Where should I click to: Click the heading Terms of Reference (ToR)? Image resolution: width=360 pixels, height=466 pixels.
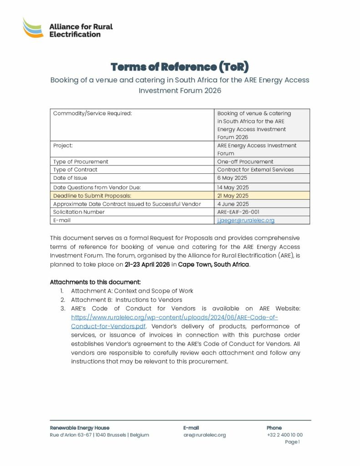(x=180, y=67)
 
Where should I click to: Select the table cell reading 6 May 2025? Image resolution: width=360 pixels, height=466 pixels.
(x=232, y=178)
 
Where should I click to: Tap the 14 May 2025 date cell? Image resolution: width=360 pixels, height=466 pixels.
(x=233, y=187)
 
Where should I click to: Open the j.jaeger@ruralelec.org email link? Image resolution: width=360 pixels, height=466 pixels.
(x=246, y=220)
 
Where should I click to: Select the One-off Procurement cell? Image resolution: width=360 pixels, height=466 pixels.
(x=245, y=162)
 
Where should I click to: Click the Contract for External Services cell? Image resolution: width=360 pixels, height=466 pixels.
(x=255, y=170)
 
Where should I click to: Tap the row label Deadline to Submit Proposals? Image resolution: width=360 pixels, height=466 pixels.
(x=92, y=196)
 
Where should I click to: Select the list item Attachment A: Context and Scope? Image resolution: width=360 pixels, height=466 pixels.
(x=132, y=291)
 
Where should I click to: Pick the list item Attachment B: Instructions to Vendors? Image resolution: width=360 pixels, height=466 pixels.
(x=127, y=300)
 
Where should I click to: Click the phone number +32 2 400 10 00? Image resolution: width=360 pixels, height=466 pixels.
(x=284, y=435)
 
